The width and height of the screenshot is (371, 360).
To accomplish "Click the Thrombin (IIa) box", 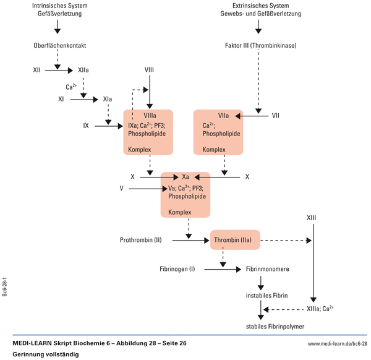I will pyautogui.click(x=236, y=239).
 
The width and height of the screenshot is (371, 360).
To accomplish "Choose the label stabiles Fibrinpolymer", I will pyautogui.click(x=275, y=326).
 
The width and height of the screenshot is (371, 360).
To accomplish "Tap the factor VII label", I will pyautogui.click(x=276, y=116).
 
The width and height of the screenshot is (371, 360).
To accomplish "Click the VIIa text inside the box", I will pyautogui.click(x=224, y=116).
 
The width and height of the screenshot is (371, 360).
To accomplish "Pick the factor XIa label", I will pyautogui.click(x=108, y=98).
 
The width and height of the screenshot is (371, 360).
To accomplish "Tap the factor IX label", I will pyautogui.click(x=87, y=126).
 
